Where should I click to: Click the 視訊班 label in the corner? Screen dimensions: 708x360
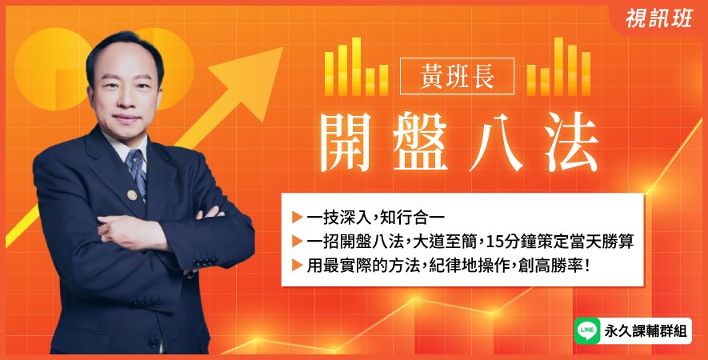[x=658, y=18]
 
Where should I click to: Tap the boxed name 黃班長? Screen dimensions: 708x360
[x=457, y=76]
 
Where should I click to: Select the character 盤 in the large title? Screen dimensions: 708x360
[x=419, y=142]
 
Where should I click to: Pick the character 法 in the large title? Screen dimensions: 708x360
[x=571, y=142]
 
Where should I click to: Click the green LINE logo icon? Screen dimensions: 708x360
[x=587, y=330]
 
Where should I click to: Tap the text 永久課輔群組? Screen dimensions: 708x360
[x=646, y=331]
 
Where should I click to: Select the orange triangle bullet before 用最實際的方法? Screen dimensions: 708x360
[x=297, y=265]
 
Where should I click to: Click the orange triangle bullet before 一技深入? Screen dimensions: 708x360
[x=297, y=218]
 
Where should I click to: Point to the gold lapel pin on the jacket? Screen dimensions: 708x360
[x=132, y=195]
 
